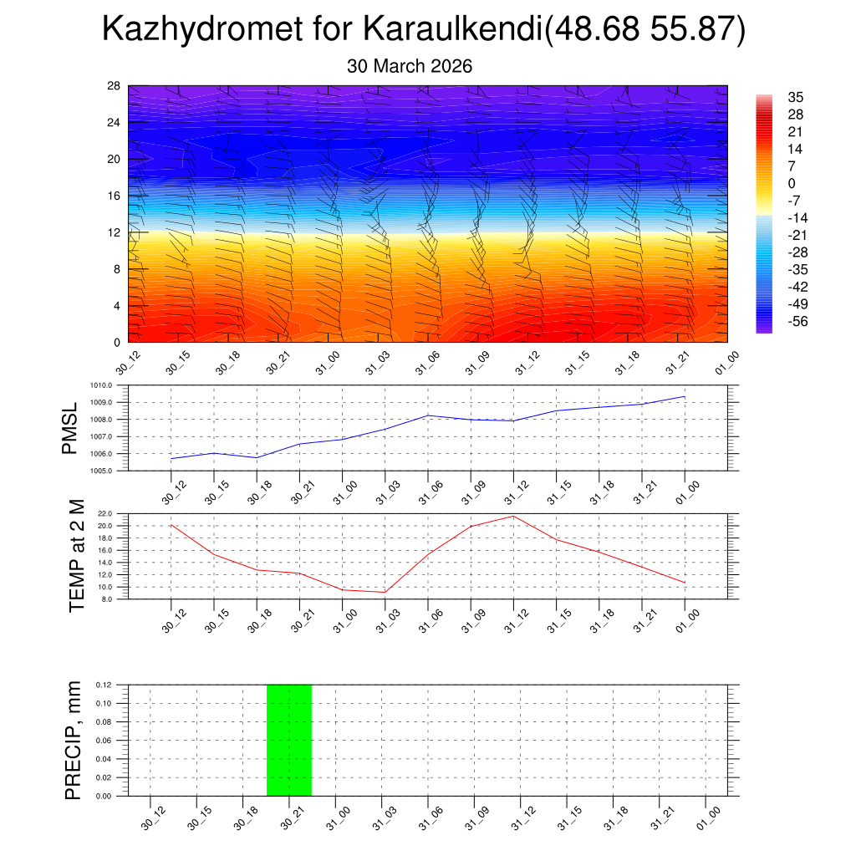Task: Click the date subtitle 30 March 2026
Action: pos(410,66)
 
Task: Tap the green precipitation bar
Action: pos(289,740)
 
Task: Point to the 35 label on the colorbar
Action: pos(795,97)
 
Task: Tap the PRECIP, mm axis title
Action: pos(74,740)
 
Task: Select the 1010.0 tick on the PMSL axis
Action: pos(113,385)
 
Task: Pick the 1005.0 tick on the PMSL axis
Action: pos(113,471)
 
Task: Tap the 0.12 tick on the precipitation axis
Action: pos(104,685)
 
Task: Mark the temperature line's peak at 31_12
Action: pos(513,516)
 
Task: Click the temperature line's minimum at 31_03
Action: pos(385,592)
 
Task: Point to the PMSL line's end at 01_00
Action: pos(685,396)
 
